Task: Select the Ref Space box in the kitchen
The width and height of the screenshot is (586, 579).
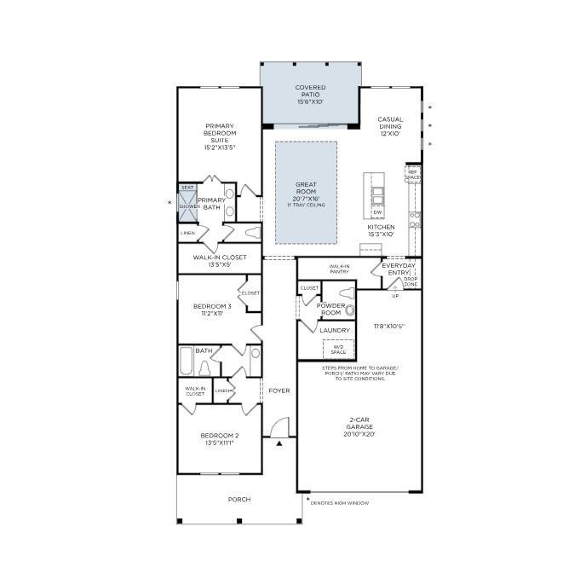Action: pyautogui.click(x=412, y=175)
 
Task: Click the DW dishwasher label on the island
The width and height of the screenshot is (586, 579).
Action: pyautogui.click(x=377, y=212)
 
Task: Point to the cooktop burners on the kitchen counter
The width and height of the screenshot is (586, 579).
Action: pyautogui.click(x=415, y=219)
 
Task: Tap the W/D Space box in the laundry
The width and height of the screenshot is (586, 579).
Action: pyautogui.click(x=338, y=349)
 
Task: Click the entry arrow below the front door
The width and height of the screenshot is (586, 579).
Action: pyautogui.click(x=279, y=443)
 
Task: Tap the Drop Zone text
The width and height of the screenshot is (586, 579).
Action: pyautogui.click(x=411, y=282)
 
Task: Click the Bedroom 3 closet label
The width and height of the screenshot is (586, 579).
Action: pyautogui.click(x=250, y=292)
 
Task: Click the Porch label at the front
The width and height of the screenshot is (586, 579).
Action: pyautogui.click(x=239, y=500)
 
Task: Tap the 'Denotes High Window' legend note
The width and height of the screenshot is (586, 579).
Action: pyautogui.click(x=339, y=503)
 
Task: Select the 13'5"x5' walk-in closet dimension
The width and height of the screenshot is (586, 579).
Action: pyautogui.click(x=219, y=264)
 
